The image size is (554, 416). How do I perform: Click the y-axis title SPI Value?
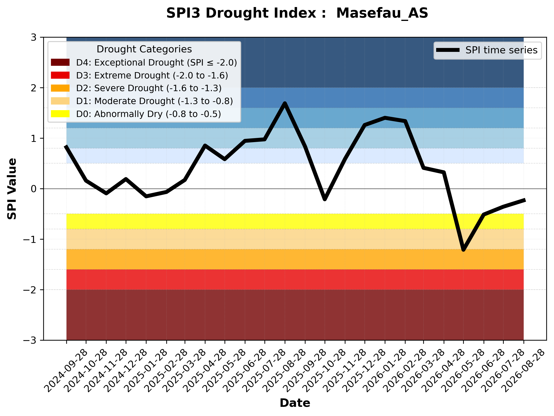[x=12, y=189]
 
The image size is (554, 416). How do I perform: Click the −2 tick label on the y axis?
[x=30, y=290]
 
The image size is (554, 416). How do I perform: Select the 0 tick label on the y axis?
[x=34, y=189]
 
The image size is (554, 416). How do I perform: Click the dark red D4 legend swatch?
[x=60, y=62]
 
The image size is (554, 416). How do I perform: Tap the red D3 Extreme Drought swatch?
[x=60, y=75]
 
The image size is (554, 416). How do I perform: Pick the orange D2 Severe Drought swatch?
[x=60, y=88]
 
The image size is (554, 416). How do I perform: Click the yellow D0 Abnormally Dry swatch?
[x=60, y=114]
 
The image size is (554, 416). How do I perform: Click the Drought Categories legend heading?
[x=144, y=49]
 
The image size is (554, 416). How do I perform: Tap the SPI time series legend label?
[x=501, y=50]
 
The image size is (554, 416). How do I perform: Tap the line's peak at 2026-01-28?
[x=385, y=118]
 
